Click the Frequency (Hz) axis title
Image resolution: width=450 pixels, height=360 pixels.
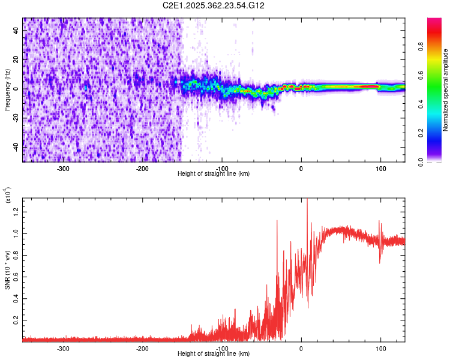(x=7, y=89)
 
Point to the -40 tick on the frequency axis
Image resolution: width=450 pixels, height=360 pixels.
(x=17, y=147)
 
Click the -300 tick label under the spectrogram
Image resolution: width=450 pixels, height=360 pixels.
(x=63, y=169)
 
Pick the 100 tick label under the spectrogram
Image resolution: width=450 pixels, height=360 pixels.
(x=380, y=169)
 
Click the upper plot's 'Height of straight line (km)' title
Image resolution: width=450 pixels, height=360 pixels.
(x=214, y=174)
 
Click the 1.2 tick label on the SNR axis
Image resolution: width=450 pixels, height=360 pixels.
(x=17, y=210)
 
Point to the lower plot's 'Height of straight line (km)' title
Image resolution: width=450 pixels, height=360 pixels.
(x=214, y=354)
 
